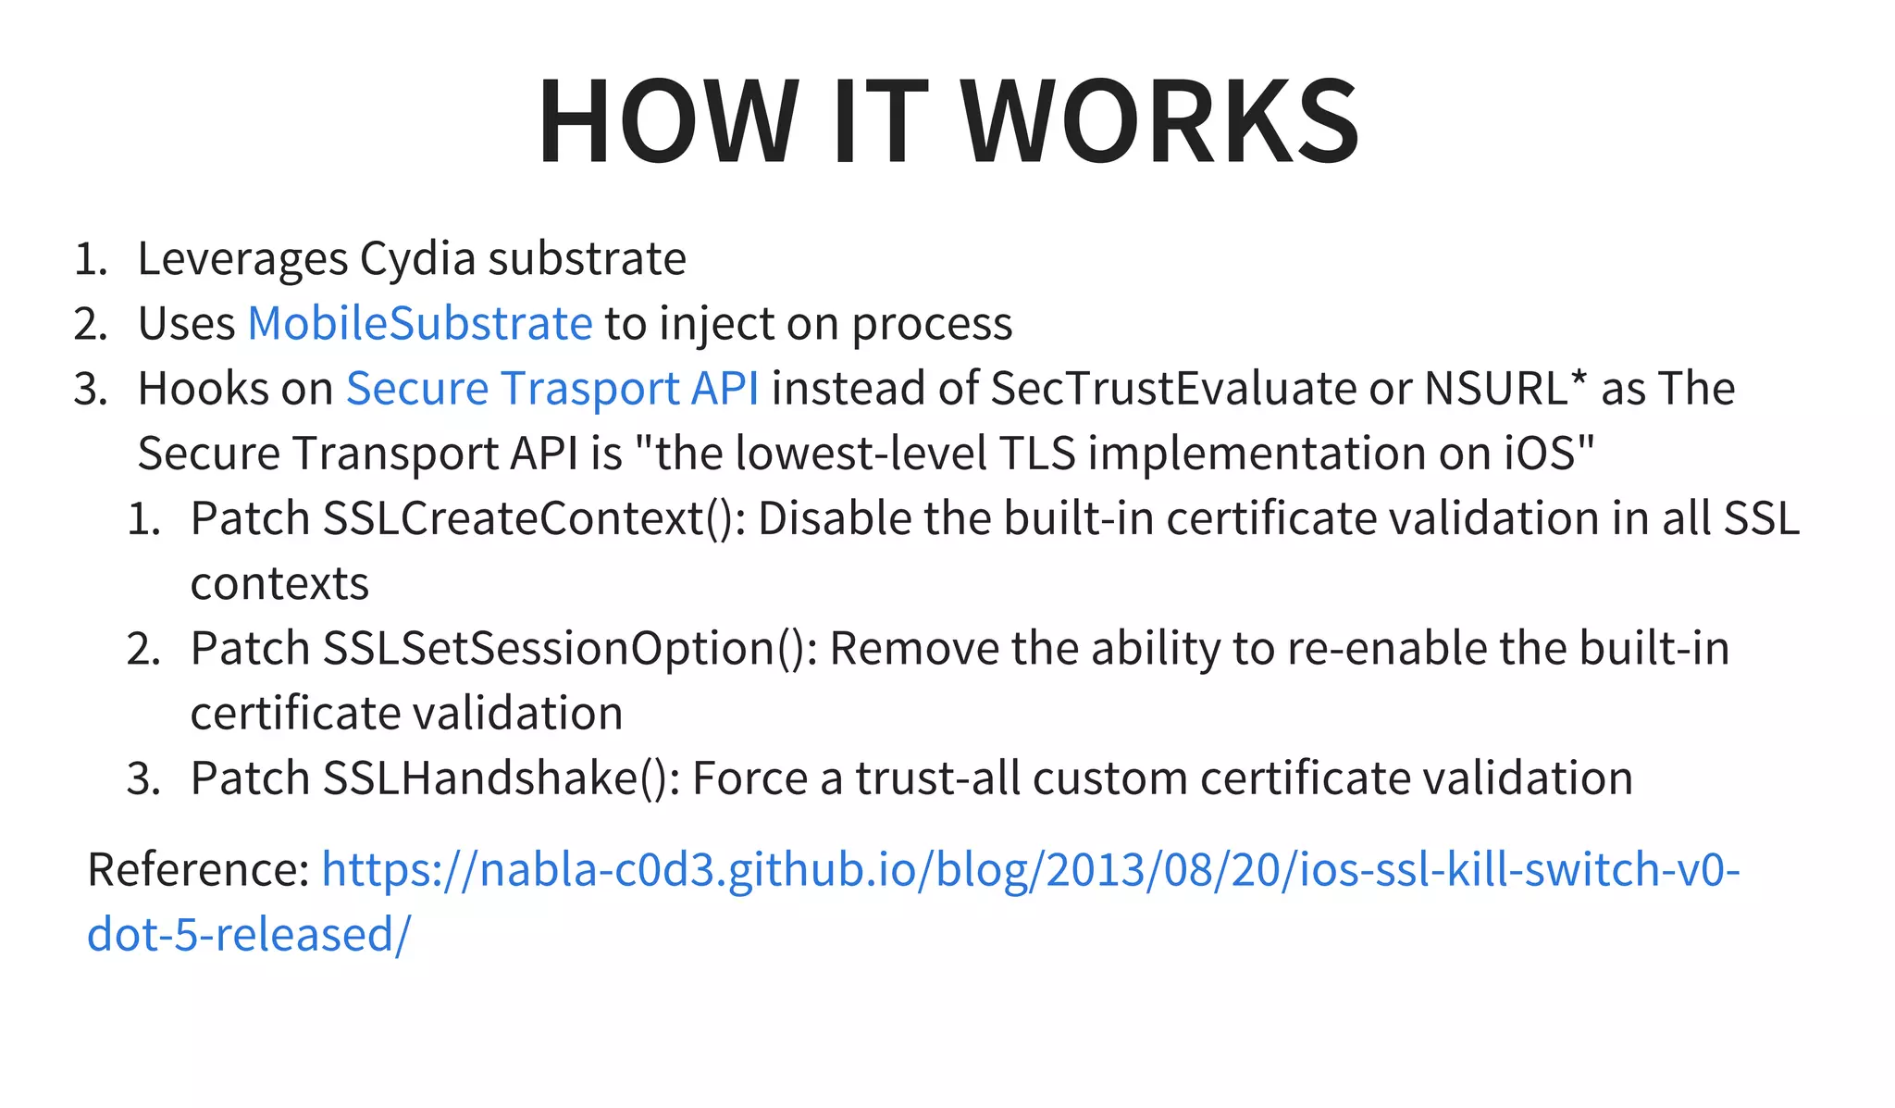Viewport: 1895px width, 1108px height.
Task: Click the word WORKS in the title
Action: pos(1160,121)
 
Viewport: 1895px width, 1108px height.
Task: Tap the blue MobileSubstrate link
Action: pos(420,323)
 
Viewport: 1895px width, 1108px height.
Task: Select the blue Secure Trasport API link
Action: pos(552,388)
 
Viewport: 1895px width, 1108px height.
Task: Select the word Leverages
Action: pos(242,258)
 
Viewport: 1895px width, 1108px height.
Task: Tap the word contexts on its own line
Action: pos(279,583)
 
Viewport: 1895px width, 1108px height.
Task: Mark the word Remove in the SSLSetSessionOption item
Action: pos(914,648)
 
